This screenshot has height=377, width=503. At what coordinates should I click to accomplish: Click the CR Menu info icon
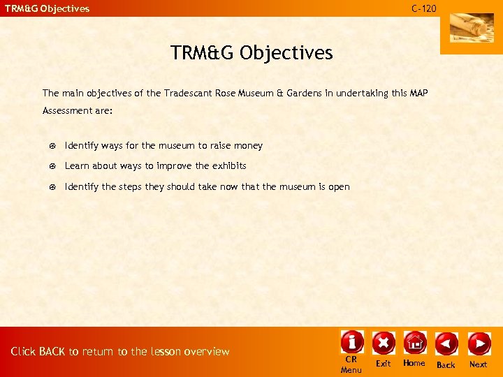[x=351, y=342]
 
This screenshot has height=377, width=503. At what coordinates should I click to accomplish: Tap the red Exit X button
[x=383, y=343]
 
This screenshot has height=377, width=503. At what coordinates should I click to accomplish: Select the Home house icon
[x=414, y=342]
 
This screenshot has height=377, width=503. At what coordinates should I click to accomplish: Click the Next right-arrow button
[x=479, y=343]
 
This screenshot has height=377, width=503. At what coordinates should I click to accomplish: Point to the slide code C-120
[x=423, y=8]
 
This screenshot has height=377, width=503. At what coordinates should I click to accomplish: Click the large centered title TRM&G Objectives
[x=251, y=52]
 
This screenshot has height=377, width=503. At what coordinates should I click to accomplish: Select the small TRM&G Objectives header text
[x=48, y=8]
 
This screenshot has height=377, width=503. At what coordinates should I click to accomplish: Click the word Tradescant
[x=189, y=93]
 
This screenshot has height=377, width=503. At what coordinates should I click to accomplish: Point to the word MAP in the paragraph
[x=418, y=93]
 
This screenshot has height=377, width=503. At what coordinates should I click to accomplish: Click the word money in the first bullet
[x=248, y=146]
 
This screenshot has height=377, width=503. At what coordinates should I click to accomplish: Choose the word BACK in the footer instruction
[x=52, y=351]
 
